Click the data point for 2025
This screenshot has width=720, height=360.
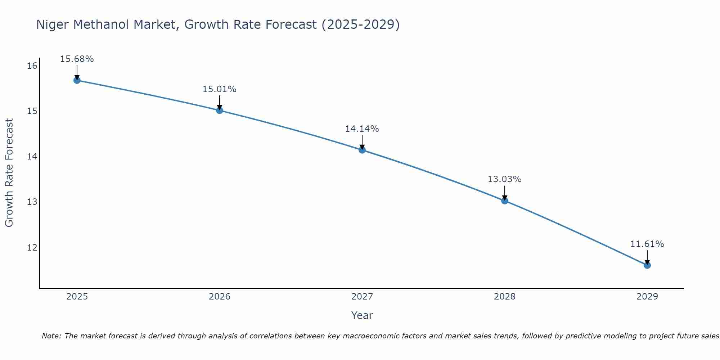coord(77,80)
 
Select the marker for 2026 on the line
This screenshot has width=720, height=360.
coord(220,110)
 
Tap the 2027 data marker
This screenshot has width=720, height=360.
coord(362,150)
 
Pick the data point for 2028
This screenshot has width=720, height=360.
coord(505,201)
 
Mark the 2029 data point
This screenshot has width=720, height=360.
coord(647,265)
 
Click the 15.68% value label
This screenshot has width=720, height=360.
coord(77,59)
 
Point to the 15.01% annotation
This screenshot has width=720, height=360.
coord(219,89)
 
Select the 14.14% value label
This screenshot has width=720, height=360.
coord(362,129)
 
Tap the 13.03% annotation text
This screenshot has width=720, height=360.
coord(504,179)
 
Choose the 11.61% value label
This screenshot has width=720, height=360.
coord(647,244)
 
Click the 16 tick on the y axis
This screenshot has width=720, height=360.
coord(32,66)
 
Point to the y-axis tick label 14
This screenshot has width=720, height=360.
coord(32,156)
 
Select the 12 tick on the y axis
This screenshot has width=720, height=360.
coord(32,247)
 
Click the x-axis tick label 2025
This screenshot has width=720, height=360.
coord(77,297)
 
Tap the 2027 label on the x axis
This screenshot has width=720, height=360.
coord(362,297)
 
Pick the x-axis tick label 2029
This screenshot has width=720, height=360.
coord(647,297)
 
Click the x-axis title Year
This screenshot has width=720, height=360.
coord(362,315)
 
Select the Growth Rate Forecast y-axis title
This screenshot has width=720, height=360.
coord(9,173)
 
